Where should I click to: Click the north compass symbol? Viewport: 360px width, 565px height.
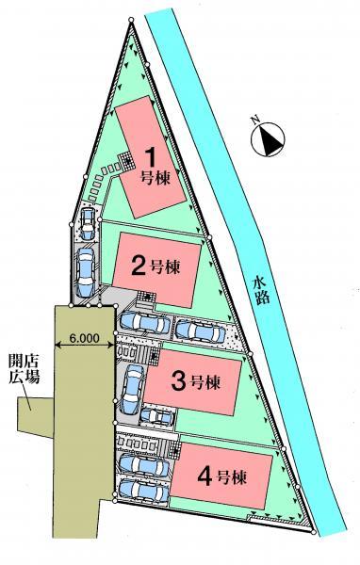point(268,139)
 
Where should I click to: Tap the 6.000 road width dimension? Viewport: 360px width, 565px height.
point(84,338)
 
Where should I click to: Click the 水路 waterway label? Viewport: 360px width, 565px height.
point(262,290)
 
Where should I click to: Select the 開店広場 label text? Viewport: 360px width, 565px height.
point(25,369)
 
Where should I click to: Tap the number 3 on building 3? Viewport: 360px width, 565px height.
point(178,382)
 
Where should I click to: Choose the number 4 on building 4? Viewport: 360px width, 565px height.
point(205,477)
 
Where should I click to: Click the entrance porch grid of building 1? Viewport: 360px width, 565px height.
point(126,160)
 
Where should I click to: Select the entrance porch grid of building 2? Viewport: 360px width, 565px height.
point(146,298)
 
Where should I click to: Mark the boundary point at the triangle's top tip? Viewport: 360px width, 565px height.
point(131,20)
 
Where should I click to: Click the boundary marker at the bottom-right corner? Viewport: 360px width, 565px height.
point(314,532)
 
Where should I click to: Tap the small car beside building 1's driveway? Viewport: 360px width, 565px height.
point(87,224)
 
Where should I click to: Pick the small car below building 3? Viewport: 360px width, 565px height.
point(157,416)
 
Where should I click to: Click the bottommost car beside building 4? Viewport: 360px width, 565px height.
point(144,490)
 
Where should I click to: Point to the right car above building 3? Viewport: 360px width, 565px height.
point(199,331)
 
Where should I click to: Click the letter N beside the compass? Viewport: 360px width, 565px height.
point(255,120)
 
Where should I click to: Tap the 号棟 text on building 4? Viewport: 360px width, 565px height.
point(232,477)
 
